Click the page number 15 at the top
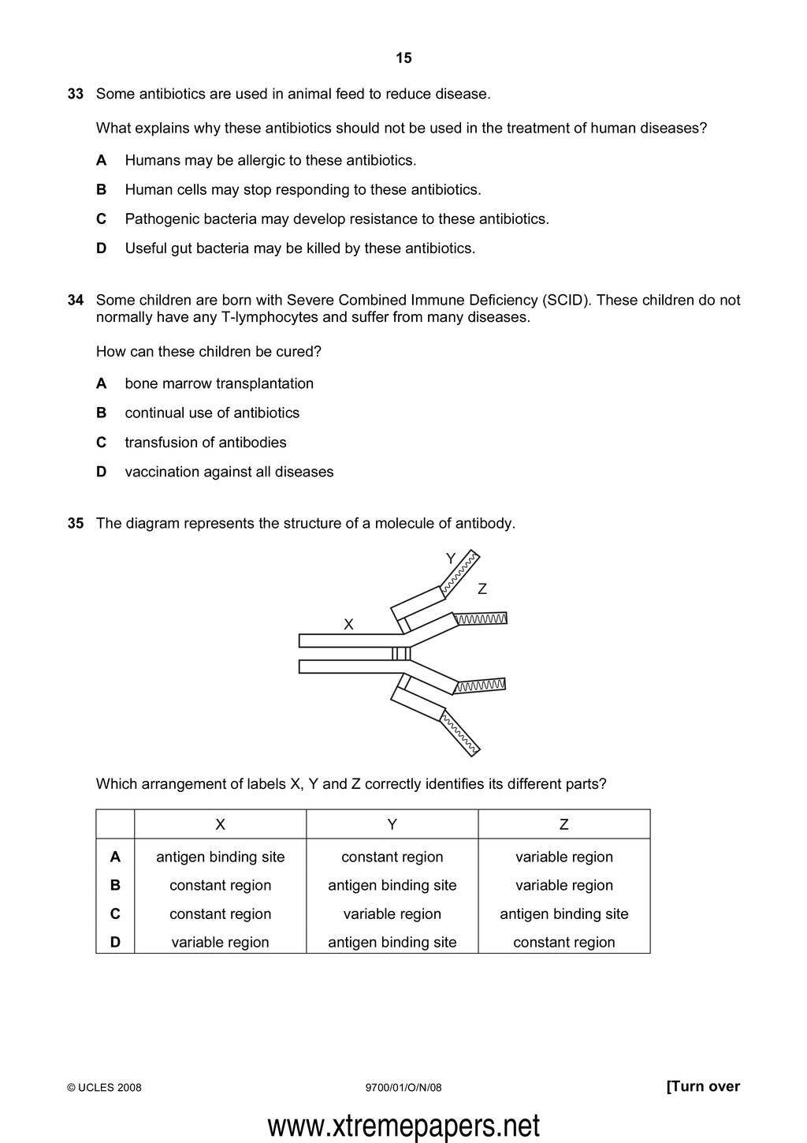[x=403, y=58]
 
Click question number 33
[x=76, y=94]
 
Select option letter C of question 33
[x=101, y=219]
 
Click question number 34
[x=76, y=301]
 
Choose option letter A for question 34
[x=101, y=384]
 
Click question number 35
[x=76, y=524]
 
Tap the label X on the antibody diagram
[x=348, y=625]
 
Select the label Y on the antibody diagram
[x=451, y=558]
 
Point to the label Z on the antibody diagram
[x=482, y=589]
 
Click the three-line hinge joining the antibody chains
[x=402, y=653]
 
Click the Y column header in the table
[x=392, y=825]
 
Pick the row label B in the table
[x=115, y=886]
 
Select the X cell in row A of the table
[x=221, y=857]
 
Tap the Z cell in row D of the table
[x=564, y=943]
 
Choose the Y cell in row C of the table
[x=392, y=914]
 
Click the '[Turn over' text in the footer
[x=703, y=1087]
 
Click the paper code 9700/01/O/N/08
[x=404, y=1088]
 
